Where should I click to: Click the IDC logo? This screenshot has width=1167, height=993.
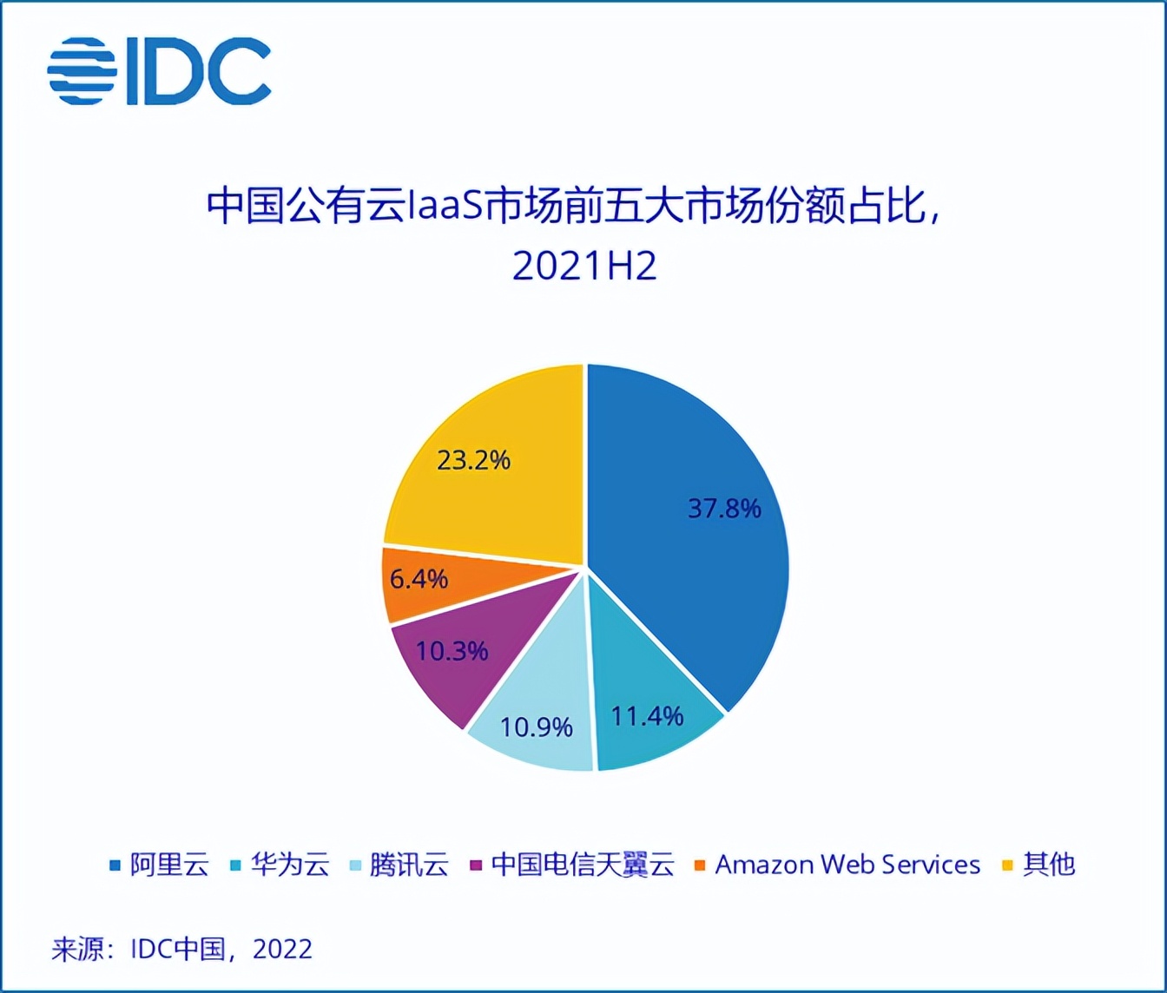[x=159, y=72]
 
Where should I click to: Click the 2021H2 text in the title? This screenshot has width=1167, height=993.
[x=583, y=266]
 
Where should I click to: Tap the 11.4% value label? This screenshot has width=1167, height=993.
[x=647, y=716]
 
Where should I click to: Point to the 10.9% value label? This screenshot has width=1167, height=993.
[x=537, y=727]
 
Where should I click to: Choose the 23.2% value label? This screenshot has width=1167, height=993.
[x=473, y=459]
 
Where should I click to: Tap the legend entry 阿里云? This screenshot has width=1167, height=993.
[x=169, y=865]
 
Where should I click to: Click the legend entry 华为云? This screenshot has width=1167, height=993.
[x=290, y=865]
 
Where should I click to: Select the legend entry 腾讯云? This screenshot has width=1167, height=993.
[x=409, y=865]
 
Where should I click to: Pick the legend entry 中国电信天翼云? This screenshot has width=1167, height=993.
[x=582, y=865]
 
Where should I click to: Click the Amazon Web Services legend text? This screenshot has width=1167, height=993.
[x=847, y=865]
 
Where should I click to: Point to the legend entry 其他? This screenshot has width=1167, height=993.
[x=1049, y=865]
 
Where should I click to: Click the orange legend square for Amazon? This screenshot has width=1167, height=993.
[x=700, y=865]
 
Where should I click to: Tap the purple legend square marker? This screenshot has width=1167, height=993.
[x=476, y=865]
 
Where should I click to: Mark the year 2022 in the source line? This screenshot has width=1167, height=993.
[x=282, y=949]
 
